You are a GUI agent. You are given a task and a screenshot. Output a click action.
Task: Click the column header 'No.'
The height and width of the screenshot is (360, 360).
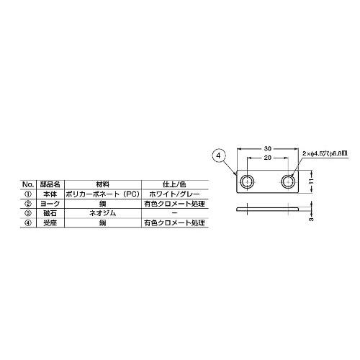click(30, 184)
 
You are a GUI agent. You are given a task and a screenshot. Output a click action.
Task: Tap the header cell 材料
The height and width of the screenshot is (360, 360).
click(102, 184)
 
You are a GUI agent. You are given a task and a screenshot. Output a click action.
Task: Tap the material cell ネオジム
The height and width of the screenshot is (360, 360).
click(102, 214)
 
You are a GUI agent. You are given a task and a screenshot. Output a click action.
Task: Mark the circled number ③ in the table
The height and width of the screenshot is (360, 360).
click(30, 214)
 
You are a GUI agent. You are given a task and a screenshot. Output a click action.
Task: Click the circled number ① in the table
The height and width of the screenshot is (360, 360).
click(30, 194)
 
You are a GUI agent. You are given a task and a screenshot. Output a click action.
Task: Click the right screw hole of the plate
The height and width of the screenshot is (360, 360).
click(288, 179)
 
